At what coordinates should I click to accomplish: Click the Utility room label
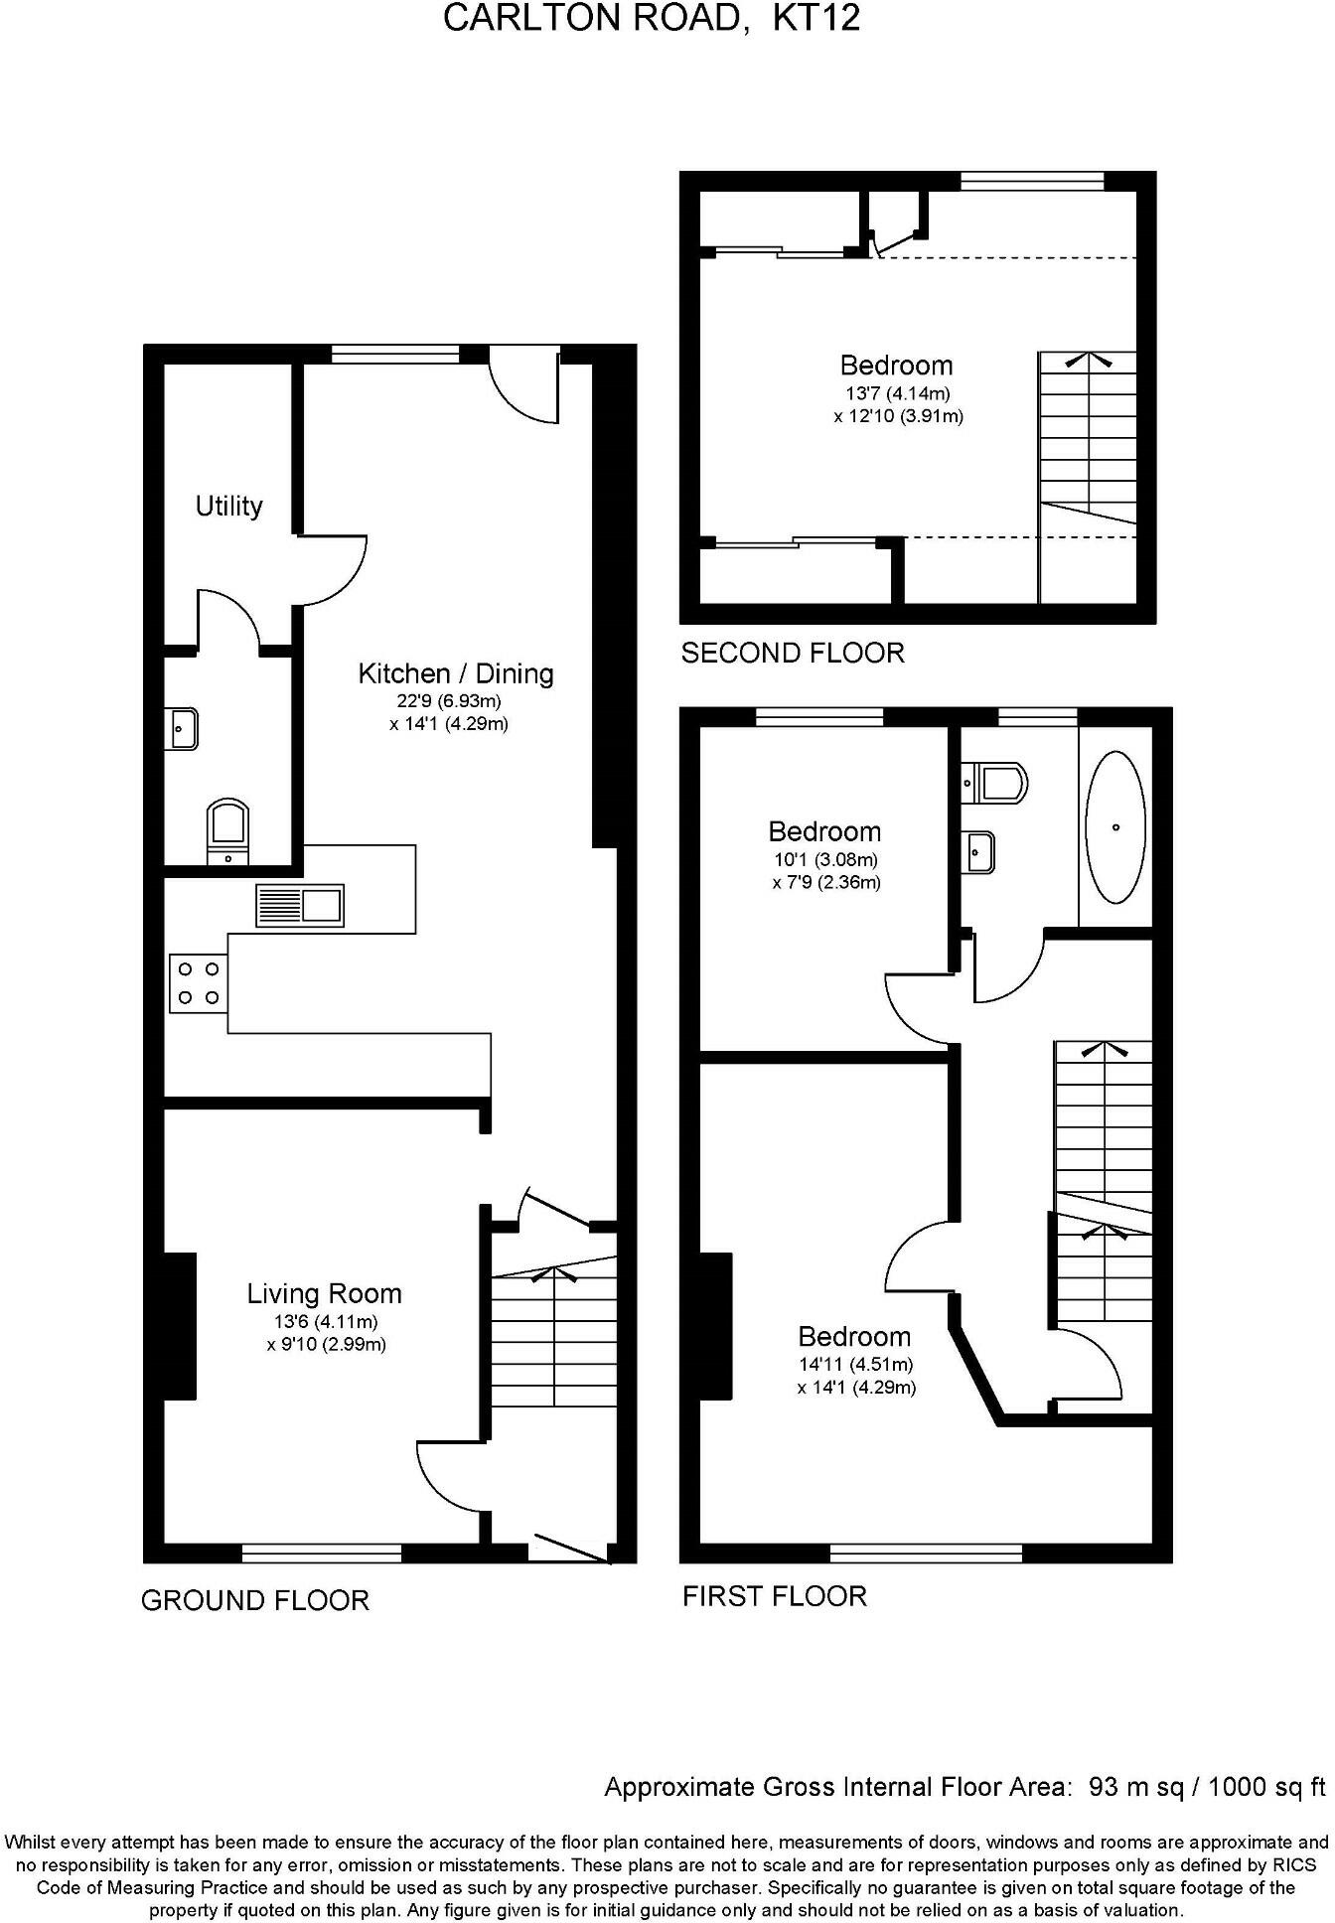228,507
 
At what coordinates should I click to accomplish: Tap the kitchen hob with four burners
199,983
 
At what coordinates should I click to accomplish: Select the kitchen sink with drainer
300,905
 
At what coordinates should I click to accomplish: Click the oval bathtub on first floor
1115,826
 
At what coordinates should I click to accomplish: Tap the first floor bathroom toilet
996,783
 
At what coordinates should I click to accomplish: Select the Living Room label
324,1293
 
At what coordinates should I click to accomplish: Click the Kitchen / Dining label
455,673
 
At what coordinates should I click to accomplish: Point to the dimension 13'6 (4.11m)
326,1322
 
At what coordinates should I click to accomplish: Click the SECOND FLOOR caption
793,653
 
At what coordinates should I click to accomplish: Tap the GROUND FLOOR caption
255,1600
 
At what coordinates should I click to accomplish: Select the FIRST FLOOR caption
775,1596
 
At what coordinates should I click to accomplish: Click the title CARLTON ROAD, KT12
651,19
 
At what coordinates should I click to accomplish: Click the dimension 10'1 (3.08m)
825,860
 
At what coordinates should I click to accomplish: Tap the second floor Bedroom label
896,366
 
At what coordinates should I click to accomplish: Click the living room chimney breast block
180,1326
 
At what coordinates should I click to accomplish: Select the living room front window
322,1553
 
